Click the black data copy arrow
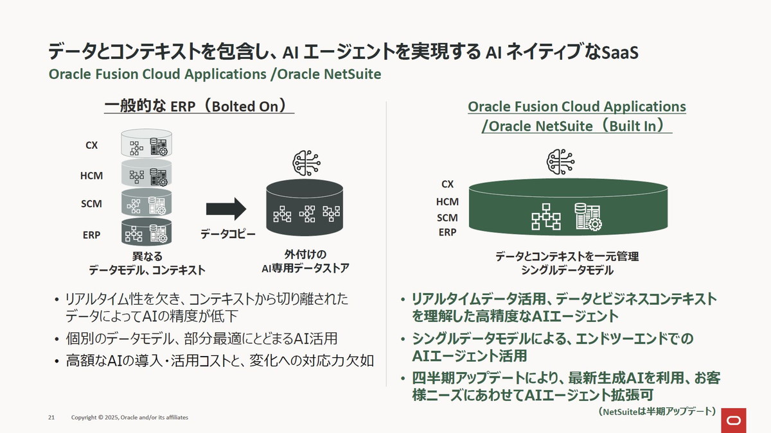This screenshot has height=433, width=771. (x=226, y=209)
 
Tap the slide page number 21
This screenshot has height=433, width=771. (x=52, y=418)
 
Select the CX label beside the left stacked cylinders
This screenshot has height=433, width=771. (x=92, y=146)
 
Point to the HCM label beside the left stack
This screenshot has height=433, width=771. (x=91, y=176)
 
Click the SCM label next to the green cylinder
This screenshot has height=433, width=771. (x=447, y=217)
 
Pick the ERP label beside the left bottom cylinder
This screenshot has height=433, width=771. (x=91, y=235)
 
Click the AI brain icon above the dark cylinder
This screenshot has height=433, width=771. (x=305, y=163)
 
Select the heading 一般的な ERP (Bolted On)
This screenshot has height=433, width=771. (x=199, y=105)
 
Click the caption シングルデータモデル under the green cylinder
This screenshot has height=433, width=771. (x=567, y=270)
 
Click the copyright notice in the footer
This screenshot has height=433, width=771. (x=129, y=418)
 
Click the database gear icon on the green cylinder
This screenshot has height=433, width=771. (x=587, y=217)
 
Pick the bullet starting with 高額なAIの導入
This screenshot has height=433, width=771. (x=219, y=360)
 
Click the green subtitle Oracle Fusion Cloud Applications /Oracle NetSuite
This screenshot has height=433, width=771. (x=215, y=74)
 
